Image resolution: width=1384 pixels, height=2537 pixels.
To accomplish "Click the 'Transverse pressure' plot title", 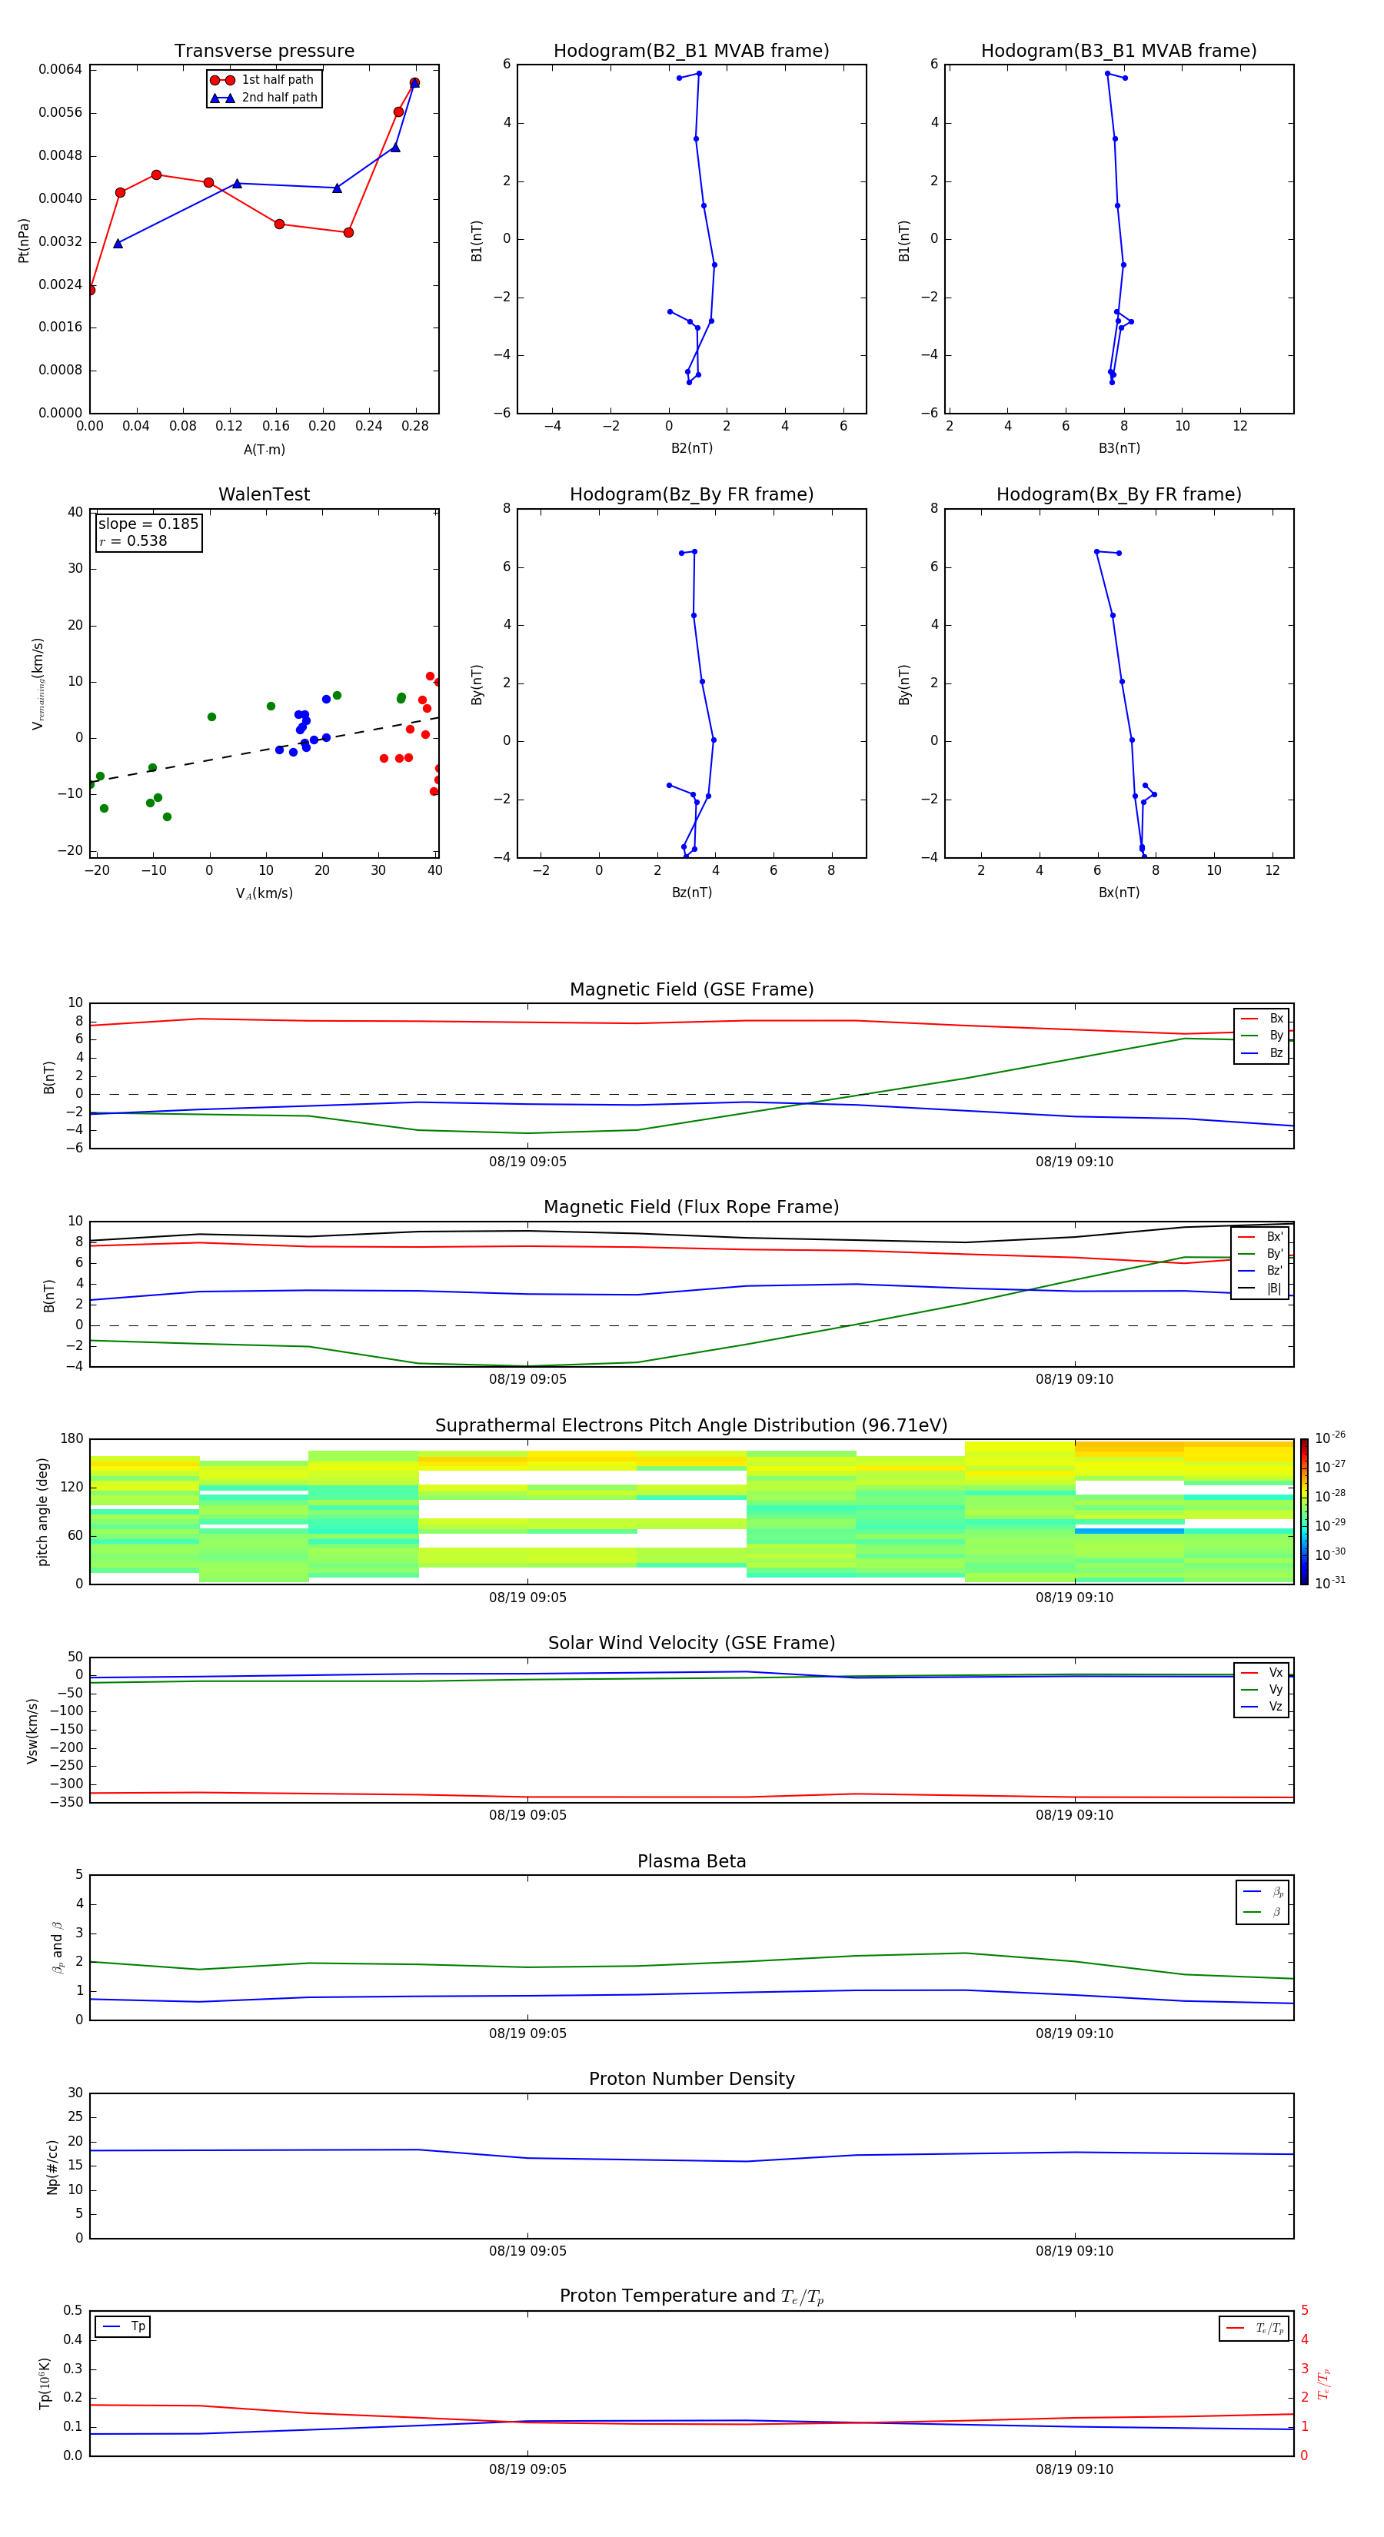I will click(264, 52).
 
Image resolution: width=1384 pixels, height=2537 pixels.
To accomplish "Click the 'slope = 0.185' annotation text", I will click(148, 524).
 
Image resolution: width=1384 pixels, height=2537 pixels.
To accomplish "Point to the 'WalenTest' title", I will click(264, 494).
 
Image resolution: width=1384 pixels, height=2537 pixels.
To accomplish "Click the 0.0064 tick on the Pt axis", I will click(60, 69).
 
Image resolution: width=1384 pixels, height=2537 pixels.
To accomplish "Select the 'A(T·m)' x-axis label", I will click(264, 450).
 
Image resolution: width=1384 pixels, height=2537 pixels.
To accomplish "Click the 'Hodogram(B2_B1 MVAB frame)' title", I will click(690, 52).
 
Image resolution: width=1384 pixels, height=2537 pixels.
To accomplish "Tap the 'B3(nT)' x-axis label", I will click(1119, 448).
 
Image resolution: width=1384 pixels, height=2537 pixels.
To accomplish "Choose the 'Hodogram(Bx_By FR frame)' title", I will click(1118, 494).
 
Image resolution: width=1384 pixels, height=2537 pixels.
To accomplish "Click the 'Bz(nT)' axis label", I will click(691, 893).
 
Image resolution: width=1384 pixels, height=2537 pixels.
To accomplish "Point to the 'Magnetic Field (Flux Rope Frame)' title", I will click(690, 1208).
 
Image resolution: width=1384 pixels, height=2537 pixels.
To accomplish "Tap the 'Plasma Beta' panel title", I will click(690, 1861).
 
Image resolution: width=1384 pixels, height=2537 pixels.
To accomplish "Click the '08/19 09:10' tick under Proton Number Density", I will click(1073, 2250).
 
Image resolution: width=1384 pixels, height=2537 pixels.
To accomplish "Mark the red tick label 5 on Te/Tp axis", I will click(1304, 2309).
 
